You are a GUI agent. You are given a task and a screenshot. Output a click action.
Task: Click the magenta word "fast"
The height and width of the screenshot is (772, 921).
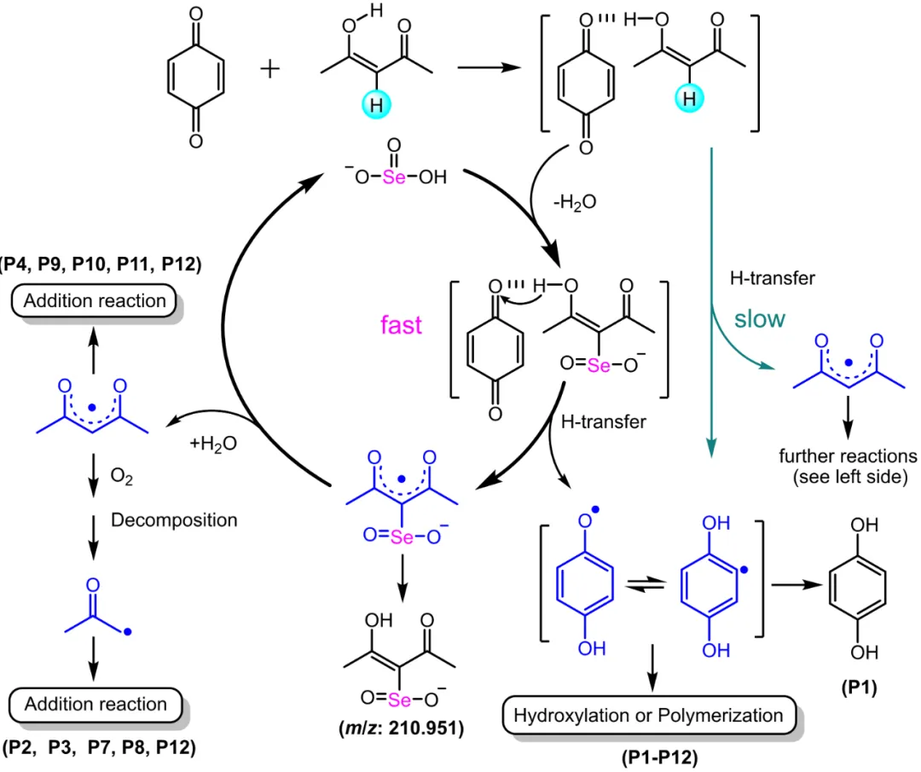point(401,325)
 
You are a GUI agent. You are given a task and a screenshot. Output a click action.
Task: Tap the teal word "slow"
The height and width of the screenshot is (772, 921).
point(760,319)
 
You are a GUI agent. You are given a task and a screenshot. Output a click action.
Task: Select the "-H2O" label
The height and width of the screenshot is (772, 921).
point(575,203)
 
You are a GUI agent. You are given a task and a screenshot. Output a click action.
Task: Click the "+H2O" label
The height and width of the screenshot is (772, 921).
point(213,443)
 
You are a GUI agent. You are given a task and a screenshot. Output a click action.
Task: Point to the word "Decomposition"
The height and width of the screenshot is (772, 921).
point(174,520)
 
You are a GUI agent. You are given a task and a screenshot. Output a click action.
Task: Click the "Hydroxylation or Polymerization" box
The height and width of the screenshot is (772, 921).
point(648,715)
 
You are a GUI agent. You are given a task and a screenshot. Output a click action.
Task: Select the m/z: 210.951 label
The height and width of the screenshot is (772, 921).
point(402,728)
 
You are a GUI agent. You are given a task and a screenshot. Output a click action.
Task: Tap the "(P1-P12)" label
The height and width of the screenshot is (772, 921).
point(659,757)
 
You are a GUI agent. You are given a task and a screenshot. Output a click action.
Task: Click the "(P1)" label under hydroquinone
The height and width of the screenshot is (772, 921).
point(860,688)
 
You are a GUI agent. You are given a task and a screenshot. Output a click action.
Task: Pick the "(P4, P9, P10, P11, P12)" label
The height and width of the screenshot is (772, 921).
point(101,264)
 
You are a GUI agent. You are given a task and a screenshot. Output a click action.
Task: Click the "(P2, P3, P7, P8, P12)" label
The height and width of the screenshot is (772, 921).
point(99,747)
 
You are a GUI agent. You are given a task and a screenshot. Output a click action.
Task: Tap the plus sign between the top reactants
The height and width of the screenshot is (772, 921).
point(270,69)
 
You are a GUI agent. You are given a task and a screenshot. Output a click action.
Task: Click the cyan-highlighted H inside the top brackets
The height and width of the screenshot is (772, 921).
point(689,97)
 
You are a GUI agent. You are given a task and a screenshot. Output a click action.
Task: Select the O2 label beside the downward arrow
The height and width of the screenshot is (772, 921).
point(122,476)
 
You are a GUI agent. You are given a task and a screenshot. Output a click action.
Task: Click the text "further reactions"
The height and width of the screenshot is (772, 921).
point(848,456)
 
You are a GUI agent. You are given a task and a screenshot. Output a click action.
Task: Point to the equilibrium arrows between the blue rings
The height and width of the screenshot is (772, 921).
point(646,584)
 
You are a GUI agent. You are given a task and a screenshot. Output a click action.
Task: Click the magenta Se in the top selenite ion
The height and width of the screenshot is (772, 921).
point(394,177)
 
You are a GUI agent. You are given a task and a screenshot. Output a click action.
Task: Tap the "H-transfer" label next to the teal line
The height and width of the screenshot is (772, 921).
point(773,278)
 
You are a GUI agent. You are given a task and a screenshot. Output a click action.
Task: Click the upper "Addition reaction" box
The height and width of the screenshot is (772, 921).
point(94,301)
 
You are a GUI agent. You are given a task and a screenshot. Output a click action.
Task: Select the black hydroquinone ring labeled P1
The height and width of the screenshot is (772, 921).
point(857,587)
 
